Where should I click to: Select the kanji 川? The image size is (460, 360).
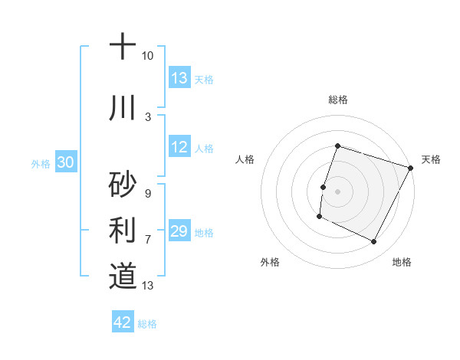click(122, 108)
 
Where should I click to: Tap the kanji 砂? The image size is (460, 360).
click(122, 184)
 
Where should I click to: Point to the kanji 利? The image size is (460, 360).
click(122, 230)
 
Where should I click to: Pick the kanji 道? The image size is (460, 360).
click(122, 276)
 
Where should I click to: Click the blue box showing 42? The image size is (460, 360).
click(123, 322)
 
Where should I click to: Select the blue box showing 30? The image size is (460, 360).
click(66, 162)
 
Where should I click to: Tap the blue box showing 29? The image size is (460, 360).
click(179, 231)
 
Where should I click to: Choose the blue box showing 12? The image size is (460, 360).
click(179, 147)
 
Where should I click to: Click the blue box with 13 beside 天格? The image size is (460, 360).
click(179, 78)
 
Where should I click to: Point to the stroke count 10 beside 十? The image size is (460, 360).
click(147, 56)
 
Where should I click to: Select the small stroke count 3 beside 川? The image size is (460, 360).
click(147, 117)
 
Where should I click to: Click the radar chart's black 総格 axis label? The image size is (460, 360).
click(337, 100)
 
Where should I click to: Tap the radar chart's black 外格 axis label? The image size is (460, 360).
click(270, 262)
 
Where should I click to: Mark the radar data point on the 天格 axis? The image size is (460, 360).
click(411, 168)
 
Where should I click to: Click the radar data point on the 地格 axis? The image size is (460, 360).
click(374, 242)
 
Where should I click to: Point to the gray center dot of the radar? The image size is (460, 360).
click(337, 191)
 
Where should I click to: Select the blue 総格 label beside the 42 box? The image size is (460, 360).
click(147, 324)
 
